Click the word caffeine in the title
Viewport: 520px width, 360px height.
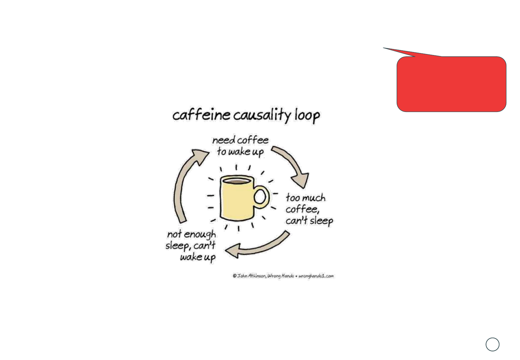201,115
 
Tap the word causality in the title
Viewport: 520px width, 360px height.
262,115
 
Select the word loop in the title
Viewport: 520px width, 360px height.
307,116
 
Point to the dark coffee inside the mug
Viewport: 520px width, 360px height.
236,181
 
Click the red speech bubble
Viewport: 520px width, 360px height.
451,84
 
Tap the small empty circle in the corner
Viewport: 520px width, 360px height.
492,344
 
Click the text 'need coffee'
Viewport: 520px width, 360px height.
240,140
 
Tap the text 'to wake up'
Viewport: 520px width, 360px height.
240,152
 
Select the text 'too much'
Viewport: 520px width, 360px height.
305,198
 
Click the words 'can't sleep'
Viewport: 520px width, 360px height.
309,221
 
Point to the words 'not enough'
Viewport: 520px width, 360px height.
191,235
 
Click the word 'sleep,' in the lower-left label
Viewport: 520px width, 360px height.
178,246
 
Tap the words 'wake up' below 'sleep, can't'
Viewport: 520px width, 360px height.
198,257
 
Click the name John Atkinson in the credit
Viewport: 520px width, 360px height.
251,276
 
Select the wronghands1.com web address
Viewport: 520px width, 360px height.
316,276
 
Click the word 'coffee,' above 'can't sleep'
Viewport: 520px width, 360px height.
302,209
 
